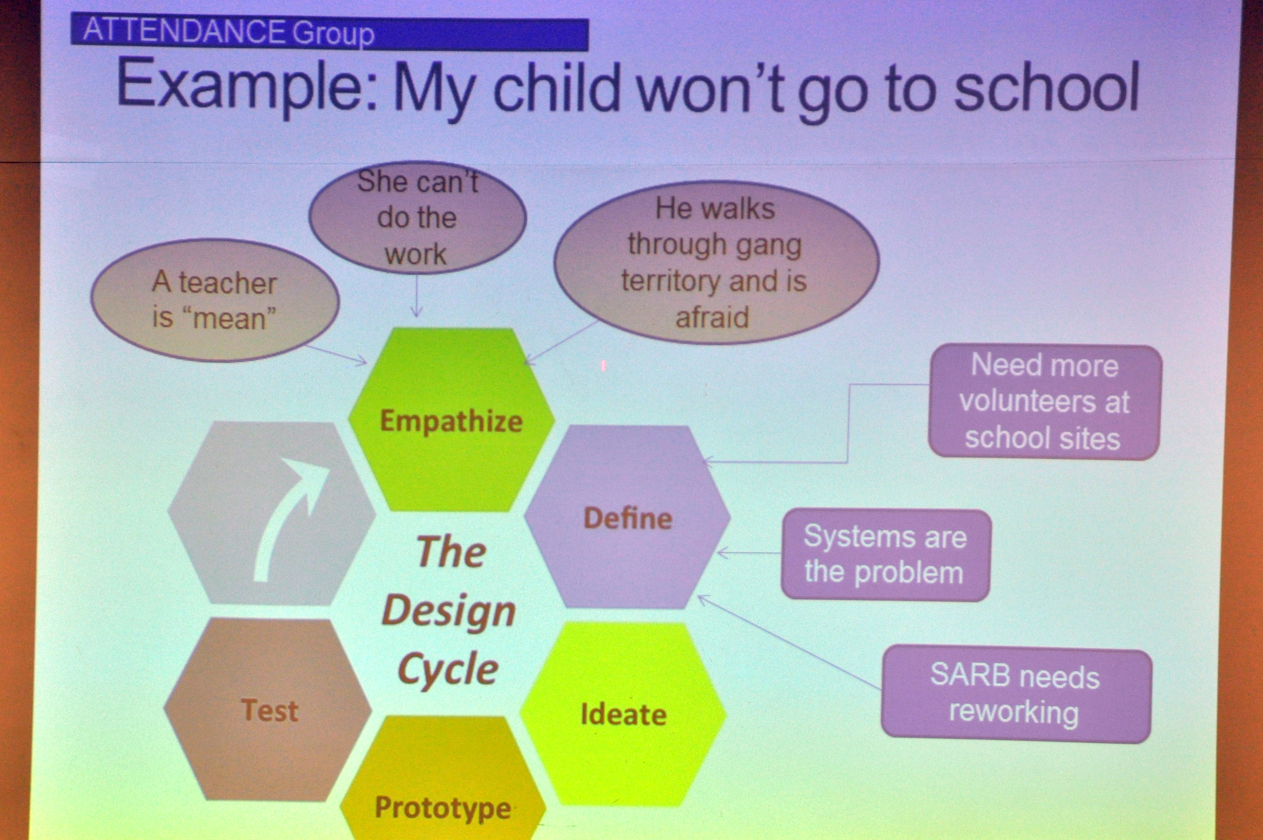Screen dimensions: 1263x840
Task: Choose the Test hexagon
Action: pos(268,710)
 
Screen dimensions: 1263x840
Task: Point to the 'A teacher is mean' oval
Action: pos(215,300)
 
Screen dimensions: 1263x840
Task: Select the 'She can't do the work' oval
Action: pos(418,218)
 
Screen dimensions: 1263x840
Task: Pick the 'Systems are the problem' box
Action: pos(885,555)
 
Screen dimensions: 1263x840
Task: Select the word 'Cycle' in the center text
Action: pos(448,670)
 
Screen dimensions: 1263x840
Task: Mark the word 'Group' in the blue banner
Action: pos(333,33)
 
